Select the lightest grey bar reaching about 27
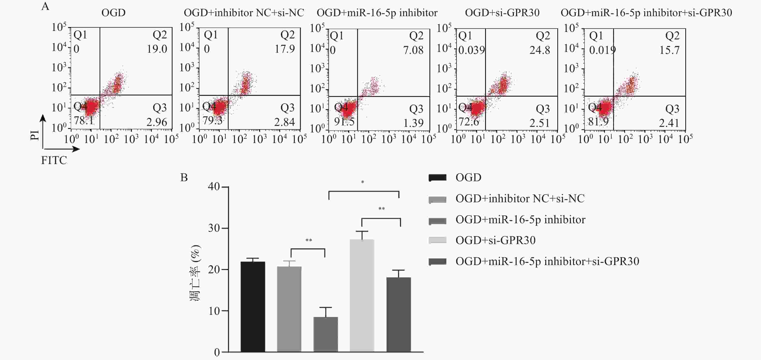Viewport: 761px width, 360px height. point(362,295)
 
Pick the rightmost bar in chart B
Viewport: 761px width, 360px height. point(399,315)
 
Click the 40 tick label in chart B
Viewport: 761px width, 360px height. point(214,187)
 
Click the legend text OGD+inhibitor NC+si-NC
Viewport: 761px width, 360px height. point(520,198)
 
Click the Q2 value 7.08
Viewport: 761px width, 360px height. point(413,50)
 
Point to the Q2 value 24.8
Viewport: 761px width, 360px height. point(540,50)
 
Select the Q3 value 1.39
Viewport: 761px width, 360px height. point(413,123)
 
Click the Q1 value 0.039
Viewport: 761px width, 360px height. point(472,50)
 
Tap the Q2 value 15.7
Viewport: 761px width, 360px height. point(669,50)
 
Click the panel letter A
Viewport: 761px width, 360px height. point(45,6)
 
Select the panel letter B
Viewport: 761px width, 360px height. point(184,177)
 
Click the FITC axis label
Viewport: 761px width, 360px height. point(54,160)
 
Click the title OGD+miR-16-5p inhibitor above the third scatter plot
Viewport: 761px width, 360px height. point(377,13)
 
